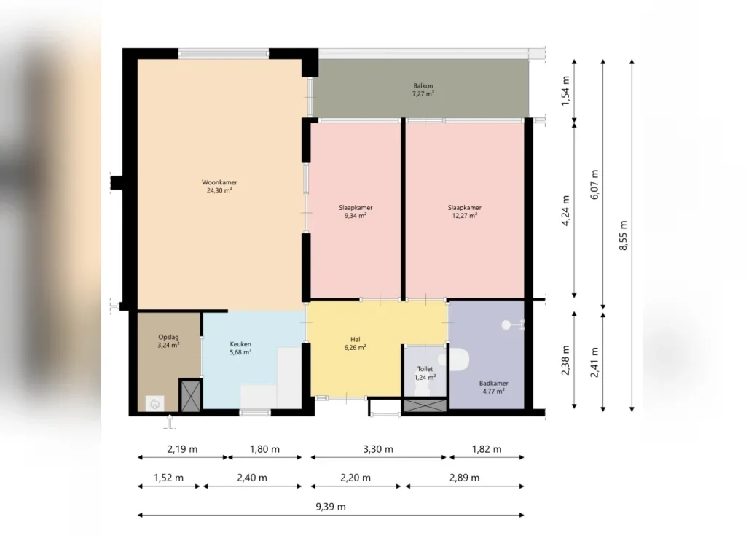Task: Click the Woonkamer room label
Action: click(x=219, y=186)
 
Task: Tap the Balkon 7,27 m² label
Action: click(x=423, y=90)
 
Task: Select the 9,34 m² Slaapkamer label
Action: click(x=356, y=211)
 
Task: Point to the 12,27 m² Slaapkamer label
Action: click(x=464, y=211)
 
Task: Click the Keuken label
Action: click(x=240, y=348)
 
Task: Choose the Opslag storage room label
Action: click(x=168, y=341)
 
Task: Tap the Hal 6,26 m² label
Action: click(x=355, y=343)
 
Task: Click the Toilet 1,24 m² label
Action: click(x=425, y=373)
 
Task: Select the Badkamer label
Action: click(x=493, y=387)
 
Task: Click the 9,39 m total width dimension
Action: click(x=331, y=507)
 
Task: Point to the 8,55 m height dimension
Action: click(x=624, y=236)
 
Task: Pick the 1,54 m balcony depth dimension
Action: click(x=565, y=90)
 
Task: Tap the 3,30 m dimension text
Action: click(x=378, y=449)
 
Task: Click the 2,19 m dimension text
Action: click(x=182, y=449)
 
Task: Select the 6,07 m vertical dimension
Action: click(x=594, y=184)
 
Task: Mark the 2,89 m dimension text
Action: click(x=464, y=478)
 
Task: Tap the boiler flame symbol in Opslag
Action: click(x=154, y=404)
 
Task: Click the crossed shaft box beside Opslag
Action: click(x=191, y=395)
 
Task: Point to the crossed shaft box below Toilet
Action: click(x=425, y=405)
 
